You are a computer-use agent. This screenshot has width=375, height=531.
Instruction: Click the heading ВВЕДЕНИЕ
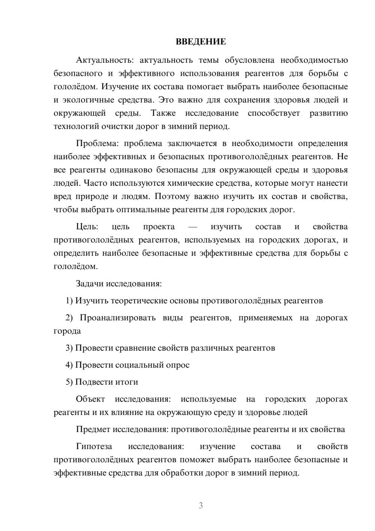[201, 42]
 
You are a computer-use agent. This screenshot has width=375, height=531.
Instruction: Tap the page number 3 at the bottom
[201, 505]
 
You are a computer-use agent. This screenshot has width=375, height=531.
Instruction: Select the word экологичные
[84, 100]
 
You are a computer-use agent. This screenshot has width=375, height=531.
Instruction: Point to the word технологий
[73, 127]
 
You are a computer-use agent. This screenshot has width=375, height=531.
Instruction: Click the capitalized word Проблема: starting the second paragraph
[97, 143]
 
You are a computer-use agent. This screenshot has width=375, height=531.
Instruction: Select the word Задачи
[90, 284]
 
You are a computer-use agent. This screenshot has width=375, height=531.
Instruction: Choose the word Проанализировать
[117, 318]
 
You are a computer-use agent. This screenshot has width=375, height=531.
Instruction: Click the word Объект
[90, 399]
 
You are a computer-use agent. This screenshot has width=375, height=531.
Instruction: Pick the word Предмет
[93, 429]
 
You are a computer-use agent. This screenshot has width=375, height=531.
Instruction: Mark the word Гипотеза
[94, 447]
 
